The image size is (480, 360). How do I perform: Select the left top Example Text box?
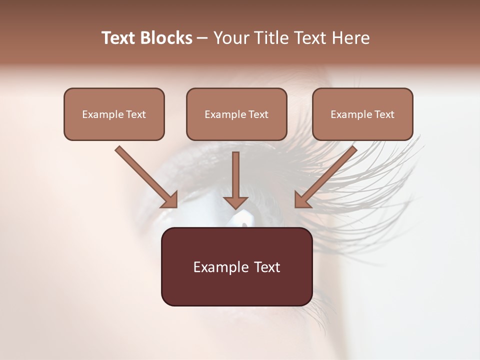114,114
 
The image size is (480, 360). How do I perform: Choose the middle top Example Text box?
236,114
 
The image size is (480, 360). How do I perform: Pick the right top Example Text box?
362,114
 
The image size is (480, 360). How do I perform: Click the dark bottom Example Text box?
236,266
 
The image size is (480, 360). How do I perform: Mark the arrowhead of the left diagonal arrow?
170,200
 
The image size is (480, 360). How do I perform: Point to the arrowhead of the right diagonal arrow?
302,200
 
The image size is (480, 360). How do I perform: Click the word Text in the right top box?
384,114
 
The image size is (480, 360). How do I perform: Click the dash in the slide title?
202,38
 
